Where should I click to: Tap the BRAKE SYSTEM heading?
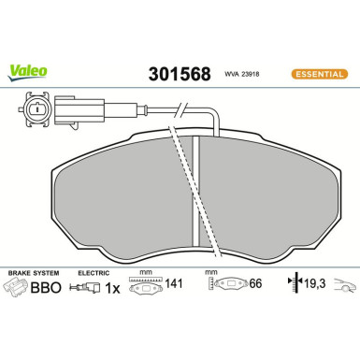tap(32, 272)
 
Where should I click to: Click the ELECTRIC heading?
tap(94, 272)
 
